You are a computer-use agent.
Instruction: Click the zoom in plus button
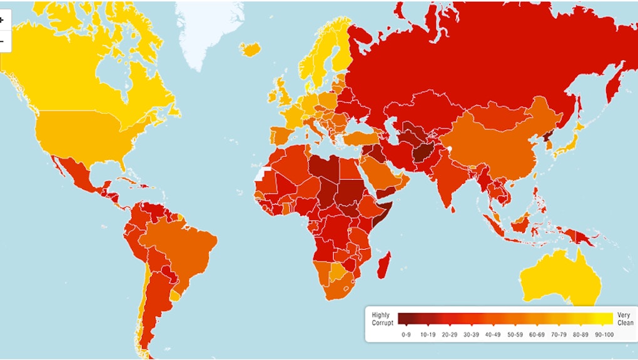(3, 19)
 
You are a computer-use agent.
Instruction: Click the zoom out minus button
(3, 41)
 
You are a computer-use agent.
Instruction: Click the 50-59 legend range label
(515, 335)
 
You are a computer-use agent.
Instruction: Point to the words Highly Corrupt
(383, 319)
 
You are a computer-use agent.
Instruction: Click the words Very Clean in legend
(625, 319)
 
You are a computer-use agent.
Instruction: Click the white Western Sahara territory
(262, 173)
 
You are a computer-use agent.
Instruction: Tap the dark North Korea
(545, 137)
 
